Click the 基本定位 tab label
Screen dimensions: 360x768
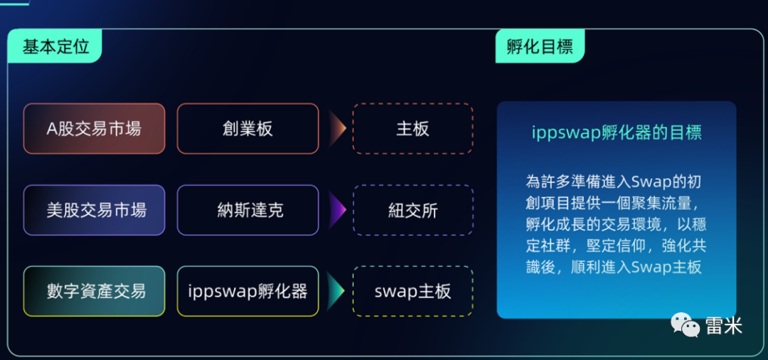(56, 47)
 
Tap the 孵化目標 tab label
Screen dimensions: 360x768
(540, 47)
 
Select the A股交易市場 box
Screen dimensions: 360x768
(94, 129)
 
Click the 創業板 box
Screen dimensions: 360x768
(247, 129)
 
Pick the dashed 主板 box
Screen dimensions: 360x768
(412, 129)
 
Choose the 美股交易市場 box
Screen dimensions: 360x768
(94, 210)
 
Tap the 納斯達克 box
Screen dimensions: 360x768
(247, 210)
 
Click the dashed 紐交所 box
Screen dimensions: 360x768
(412, 210)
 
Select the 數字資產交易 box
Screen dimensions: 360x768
(94, 291)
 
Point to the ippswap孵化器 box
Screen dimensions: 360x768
(247, 291)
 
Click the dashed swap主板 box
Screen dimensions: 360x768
(412, 291)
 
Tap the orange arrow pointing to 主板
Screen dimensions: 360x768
(336, 129)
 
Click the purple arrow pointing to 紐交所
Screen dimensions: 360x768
(336, 210)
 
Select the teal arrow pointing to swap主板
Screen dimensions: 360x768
(336, 291)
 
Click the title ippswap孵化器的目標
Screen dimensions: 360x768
(617, 132)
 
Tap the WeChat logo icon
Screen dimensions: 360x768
(685, 326)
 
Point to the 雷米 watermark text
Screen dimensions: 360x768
(723, 326)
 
